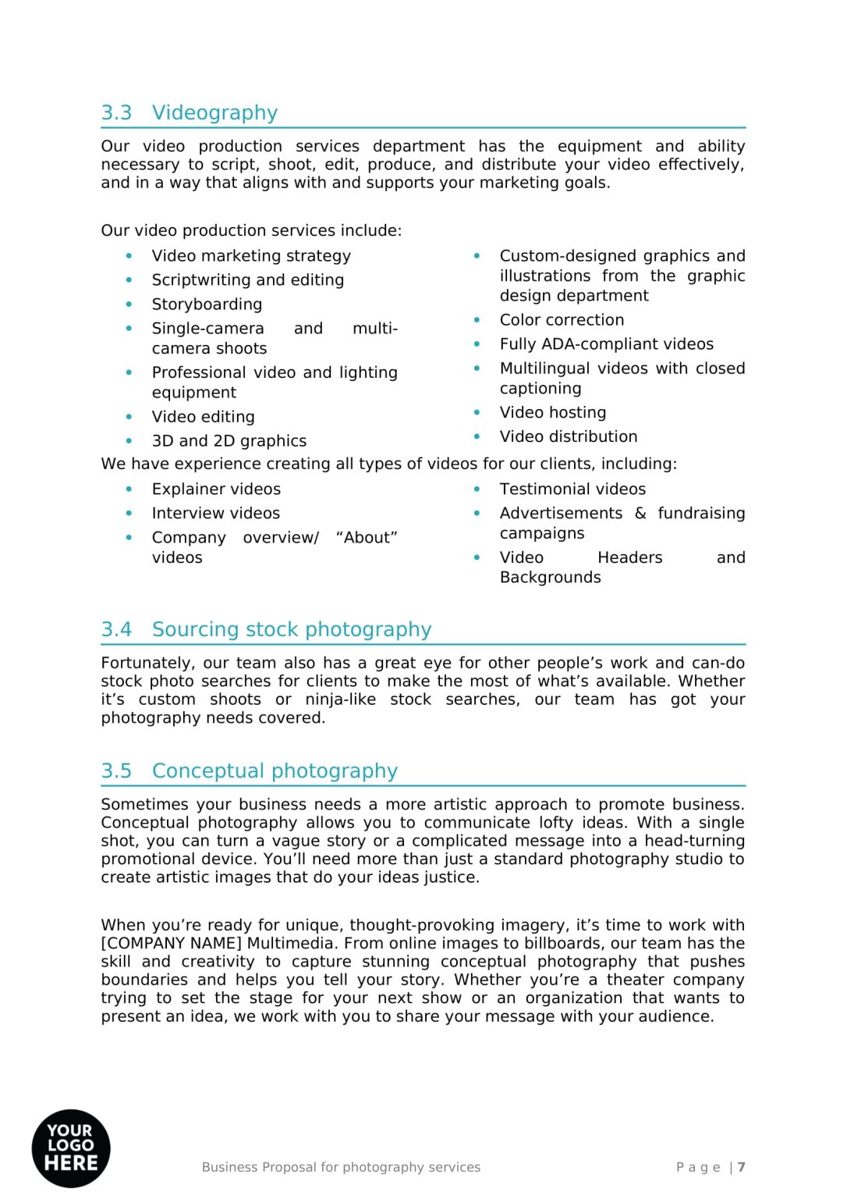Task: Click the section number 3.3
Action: [116, 113]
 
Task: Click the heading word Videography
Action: [214, 113]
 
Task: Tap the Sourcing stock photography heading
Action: [291, 630]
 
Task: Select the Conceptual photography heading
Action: [275, 771]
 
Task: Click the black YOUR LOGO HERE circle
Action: [71, 1147]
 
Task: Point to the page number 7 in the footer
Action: [741, 1167]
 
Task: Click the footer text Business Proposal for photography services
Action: [341, 1167]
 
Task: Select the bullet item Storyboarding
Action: [207, 304]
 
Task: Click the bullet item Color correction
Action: [562, 320]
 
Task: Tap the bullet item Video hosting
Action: [552, 413]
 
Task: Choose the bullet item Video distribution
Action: [568, 437]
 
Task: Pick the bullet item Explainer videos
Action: [216, 489]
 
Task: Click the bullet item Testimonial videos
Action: [572, 489]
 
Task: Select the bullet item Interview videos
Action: [215, 514]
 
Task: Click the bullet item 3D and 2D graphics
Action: [229, 441]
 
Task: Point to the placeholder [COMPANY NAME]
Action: [172, 944]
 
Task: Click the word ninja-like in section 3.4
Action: [340, 699]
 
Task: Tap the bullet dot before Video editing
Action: [129, 417]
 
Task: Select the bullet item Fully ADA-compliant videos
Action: [606, 344]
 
